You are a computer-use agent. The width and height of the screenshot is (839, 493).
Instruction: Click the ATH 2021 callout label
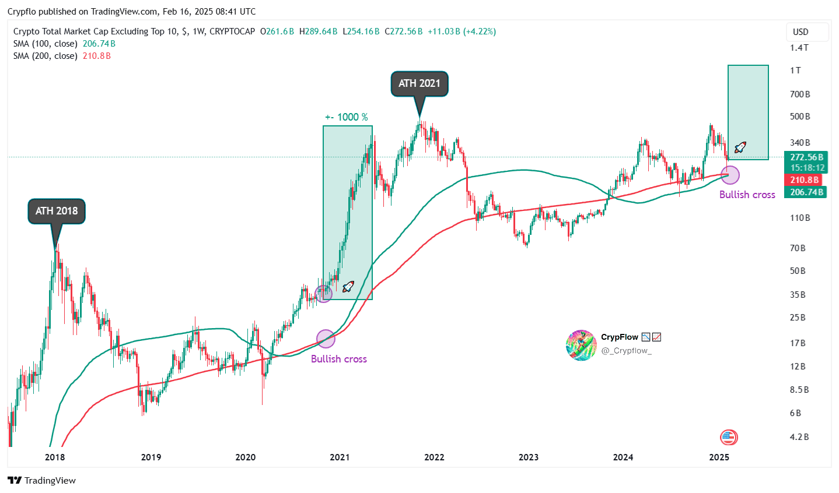coord(419,83)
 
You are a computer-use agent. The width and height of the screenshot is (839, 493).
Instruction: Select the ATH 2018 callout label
coord(57,211)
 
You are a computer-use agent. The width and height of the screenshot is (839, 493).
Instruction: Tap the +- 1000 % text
coord(347,117)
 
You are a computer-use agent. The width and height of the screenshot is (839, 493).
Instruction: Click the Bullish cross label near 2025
coord(747,195)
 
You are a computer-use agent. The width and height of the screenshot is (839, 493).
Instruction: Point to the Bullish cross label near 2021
coord(338,359)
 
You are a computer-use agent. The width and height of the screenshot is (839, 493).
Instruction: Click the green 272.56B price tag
coord(807,157)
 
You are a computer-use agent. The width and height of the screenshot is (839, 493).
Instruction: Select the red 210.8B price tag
coord(805,180)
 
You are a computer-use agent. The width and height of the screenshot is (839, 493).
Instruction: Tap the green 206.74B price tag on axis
coord(807,192)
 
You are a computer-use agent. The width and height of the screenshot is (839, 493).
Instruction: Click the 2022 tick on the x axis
coord(434,457)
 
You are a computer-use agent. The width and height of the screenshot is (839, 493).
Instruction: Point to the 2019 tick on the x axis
coord(151,457)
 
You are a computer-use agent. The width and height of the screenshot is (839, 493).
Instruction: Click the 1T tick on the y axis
coord(795,71)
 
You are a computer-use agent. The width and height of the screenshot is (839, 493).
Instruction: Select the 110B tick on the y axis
coord(800,218)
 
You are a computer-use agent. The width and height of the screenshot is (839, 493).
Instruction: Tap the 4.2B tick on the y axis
coord(799,437)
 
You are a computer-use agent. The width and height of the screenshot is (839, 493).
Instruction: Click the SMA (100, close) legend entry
coord(46,44)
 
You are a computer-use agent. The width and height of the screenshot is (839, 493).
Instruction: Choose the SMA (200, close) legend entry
coord(46,56)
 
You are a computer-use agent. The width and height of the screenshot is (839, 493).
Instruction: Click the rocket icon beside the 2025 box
coord(740,147)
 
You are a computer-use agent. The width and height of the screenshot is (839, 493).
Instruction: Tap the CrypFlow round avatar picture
coord(581,344)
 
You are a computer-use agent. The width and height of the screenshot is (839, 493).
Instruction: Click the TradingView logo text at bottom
coord(42,481)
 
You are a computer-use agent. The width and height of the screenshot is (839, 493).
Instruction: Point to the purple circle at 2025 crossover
coord(730,174)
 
